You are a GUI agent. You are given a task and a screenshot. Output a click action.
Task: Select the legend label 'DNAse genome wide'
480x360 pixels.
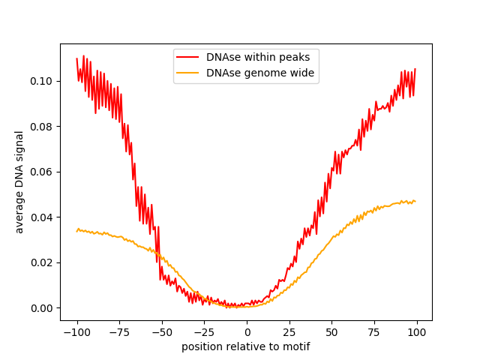tap(260, 73)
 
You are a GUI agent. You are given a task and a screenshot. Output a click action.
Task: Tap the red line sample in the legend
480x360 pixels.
tap(188, 57)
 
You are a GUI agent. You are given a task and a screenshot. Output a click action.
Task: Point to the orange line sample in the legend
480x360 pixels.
tap(188, 73)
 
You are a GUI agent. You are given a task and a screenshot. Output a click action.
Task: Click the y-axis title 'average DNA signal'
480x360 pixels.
tap(19, 182)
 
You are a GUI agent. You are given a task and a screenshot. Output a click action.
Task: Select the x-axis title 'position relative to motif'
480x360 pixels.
tap(246, 347)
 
